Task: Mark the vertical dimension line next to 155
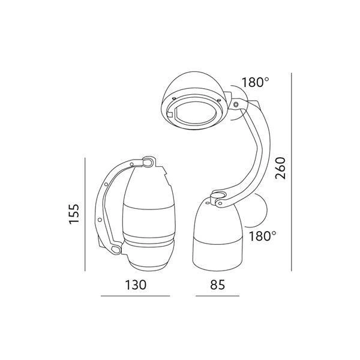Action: [x=85, y=213]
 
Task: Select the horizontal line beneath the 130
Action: [x=135, y=296]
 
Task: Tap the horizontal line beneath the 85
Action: [x=217, y=296]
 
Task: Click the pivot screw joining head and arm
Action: [x=235, y=106]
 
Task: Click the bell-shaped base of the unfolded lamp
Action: [x=218, y=240]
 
